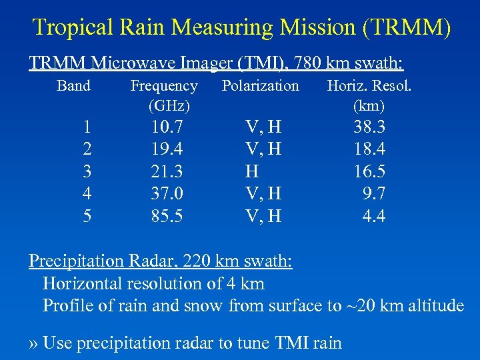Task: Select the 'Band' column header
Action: pyautogui.click(x=74, y=86)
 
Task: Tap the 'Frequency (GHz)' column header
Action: pyautogui.click(x=164, y=95)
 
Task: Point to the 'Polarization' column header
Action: pyautogui.click(x=261, y=86)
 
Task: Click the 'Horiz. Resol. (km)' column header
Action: pyautogui.click(x=369, y=95)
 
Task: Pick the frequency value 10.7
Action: pyautogui.click(x=168, y=127)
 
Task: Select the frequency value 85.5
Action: pyautogui.click(x=168, y=216)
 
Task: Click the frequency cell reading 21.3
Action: pyautogui.click(x=168, y=171)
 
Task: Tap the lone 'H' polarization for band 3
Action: pyautogui.click(x=252, y=171)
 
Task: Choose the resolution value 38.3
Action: pyautogui.click(x=369, y=127)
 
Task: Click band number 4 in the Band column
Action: pyautogui.click(x=87, y=193)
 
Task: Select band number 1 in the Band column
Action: pyautogui.click(x=87, y=127)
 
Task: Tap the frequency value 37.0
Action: pyautogui.click(x=168, y=193)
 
